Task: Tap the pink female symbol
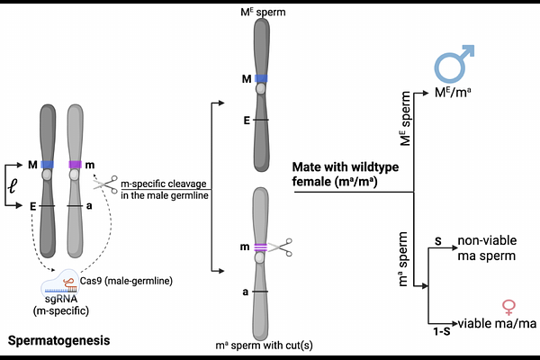(x=508, y=307)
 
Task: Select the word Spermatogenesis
(x=58, y=340)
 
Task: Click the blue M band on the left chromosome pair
(x=47, y=165)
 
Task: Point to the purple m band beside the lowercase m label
(x=75, y=165)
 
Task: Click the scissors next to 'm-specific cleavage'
(x=106, y=184)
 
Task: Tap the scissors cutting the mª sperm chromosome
(x=280, y=247)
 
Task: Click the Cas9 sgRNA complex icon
(x=59, y=283)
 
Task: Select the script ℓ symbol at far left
(x=13, y=186)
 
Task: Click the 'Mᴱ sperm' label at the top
(x=263, y=12)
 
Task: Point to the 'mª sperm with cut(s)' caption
(x=264, y=346)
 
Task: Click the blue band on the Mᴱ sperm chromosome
(x=261, y=78)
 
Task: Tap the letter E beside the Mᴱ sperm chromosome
(x=247, y=121)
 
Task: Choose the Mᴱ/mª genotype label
(x=453, y=93)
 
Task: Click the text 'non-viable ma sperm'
(x=487, y=248)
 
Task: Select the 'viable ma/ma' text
(x=498, y=323)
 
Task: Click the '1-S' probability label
(x=442, y=332)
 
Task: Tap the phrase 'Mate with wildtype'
(x=346, y=167)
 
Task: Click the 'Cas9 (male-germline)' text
(x=126, y=281)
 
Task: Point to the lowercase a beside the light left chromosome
(x=89, y=206)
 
